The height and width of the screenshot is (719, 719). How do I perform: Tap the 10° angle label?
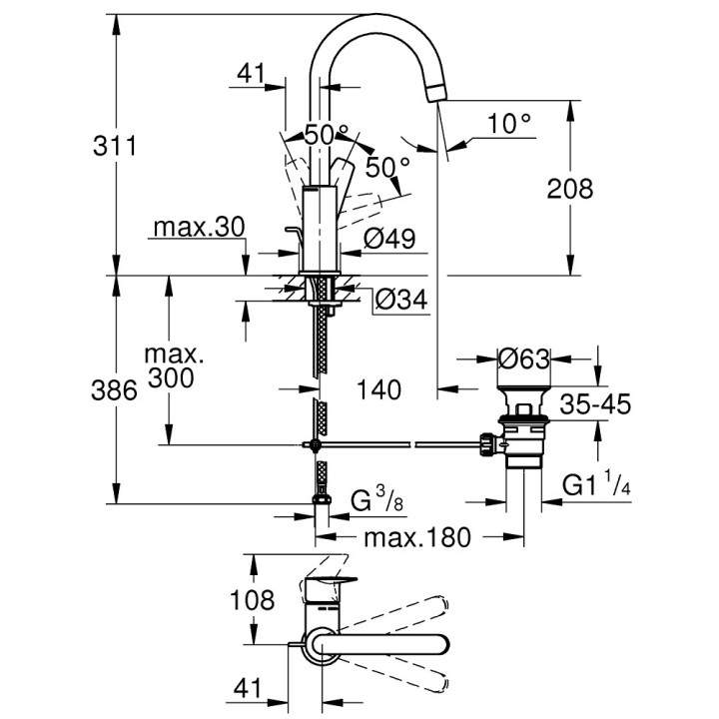coord(509,124)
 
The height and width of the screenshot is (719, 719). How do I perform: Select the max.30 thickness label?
coord(199,228)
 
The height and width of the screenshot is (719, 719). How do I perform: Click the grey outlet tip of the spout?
coord(434,93)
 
